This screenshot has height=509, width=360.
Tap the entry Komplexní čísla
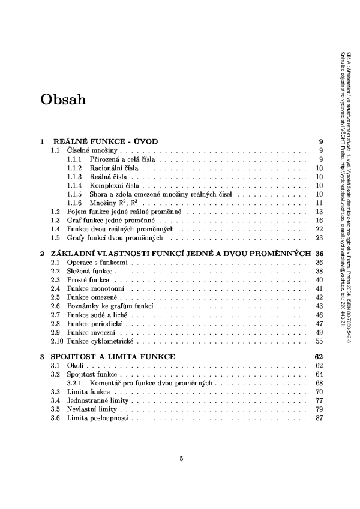tap(109, 186)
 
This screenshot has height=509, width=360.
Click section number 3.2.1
tap(74, 382)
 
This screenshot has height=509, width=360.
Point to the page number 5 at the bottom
tap(181, 459)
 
